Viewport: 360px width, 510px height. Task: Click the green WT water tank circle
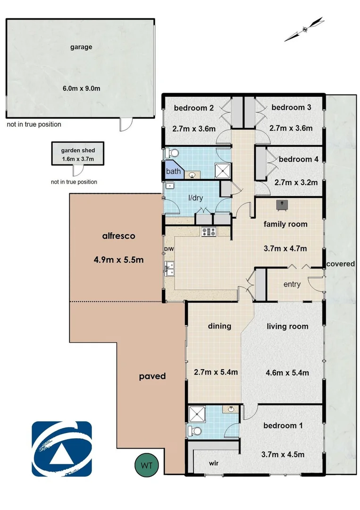point(147,465)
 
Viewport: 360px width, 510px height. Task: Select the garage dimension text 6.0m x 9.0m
point(81,88)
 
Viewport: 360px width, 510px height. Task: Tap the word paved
point(152,376)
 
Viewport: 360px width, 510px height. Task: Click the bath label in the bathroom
point(173,171)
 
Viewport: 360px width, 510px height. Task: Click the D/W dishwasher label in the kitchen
point(168,249)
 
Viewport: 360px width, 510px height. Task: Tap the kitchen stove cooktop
point(208,232)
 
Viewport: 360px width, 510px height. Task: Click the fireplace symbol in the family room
point(283,204)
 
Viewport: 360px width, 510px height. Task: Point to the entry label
point(292,284)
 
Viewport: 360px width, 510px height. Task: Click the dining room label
point(219,326)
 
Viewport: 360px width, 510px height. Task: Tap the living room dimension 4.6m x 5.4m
point(287,372)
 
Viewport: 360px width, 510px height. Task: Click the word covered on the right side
point(340,263)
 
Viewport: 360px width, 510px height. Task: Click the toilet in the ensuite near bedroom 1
point(195,431)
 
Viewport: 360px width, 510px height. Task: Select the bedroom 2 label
point(194,108)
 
